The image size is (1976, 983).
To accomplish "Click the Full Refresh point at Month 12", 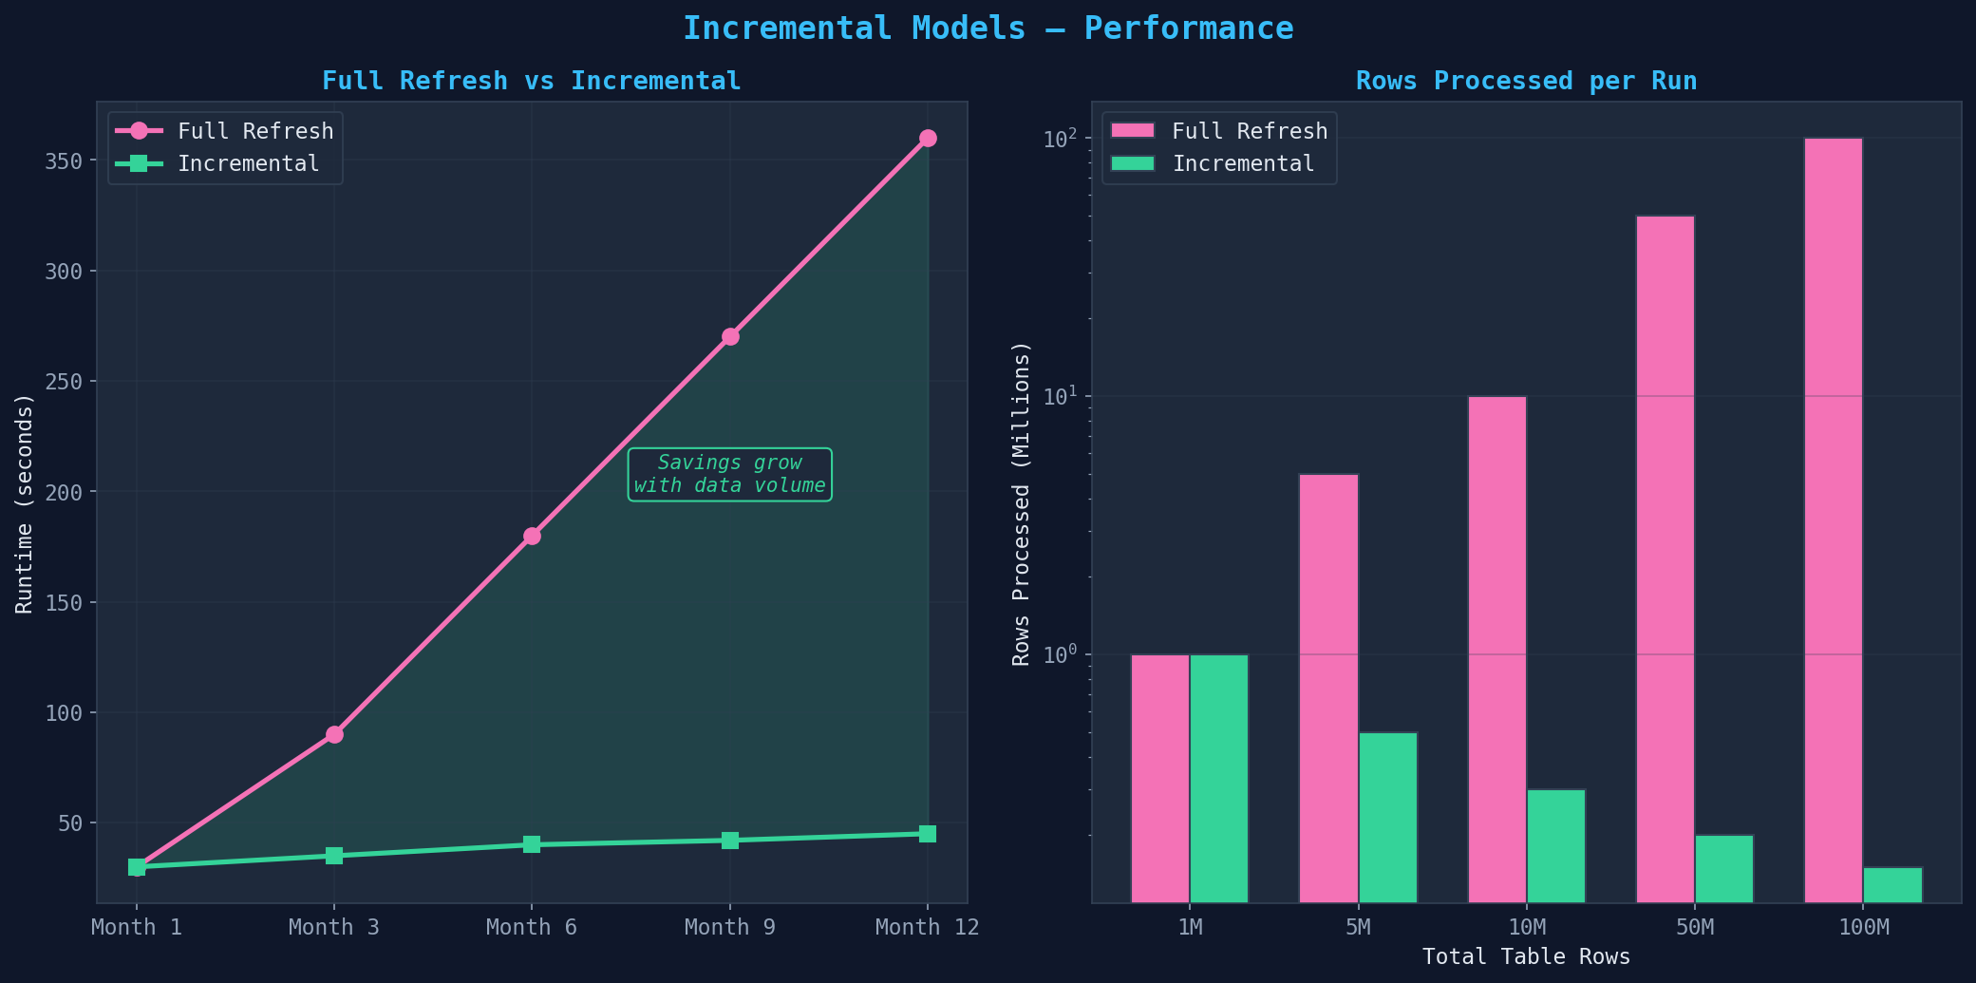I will [928, 139].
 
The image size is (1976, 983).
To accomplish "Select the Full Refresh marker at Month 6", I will [532, 537].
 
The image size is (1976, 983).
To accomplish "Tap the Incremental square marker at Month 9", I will [730, 841].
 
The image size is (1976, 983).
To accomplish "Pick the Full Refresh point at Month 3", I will [334, 735].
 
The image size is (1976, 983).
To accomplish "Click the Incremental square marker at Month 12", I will [928, 834].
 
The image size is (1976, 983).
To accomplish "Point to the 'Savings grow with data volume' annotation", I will [729, 475].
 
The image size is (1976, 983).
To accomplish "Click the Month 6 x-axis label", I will [532, 928].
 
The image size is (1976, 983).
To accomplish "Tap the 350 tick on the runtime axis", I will [64, 161].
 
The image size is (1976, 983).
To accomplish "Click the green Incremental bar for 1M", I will [1219, 779].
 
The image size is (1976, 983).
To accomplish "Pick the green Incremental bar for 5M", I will [1387, 818].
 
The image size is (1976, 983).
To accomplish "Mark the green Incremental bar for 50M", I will [1724, 869].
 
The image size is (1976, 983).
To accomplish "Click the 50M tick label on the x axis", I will [1695, 928].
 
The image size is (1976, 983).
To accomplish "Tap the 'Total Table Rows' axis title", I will [1526, 957].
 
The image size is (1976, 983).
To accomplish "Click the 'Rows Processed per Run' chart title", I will [1526, 82].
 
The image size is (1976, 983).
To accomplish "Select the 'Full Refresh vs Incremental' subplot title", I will [532, 82].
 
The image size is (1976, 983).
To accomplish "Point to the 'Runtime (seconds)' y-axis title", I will [25, 503].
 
